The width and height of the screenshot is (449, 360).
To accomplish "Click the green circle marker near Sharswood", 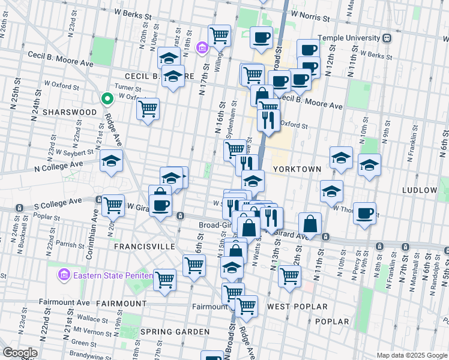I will (x=107, y=99).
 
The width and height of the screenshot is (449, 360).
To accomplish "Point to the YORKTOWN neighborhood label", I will (x=297, y=169).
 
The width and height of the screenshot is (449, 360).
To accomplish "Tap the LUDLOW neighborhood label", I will (x=420, y=190).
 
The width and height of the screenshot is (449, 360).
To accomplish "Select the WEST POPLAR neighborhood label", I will (x=297, y=307).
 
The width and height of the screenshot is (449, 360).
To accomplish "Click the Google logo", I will (x=20, y=353).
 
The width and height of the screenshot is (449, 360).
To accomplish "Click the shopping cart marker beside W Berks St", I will (x=220, y=35).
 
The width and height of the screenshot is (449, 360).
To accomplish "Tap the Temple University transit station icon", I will (x=387, y=38).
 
